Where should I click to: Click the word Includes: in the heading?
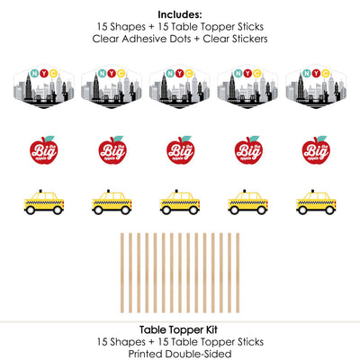(x=180, y=14)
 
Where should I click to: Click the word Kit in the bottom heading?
(x=211, y=330)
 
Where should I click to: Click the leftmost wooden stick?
(x=122, y=273)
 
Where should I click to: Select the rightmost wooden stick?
(x=238, y=273)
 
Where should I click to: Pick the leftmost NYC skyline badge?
(x=44, y=86)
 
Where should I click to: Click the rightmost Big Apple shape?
(x=316, y=149)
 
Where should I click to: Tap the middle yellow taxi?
(x=180, y=202)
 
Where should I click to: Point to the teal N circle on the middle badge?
(x=170, y=73)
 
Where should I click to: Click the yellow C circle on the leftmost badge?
(x=53, y=73)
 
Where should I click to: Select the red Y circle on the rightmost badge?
(x=316, y=73)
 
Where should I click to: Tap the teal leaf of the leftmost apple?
(x=49, y=139)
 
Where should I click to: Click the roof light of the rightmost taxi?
(x=312, y=191)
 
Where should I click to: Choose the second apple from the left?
(x=112, y=149)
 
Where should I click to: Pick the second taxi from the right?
(x=247, y=202)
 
